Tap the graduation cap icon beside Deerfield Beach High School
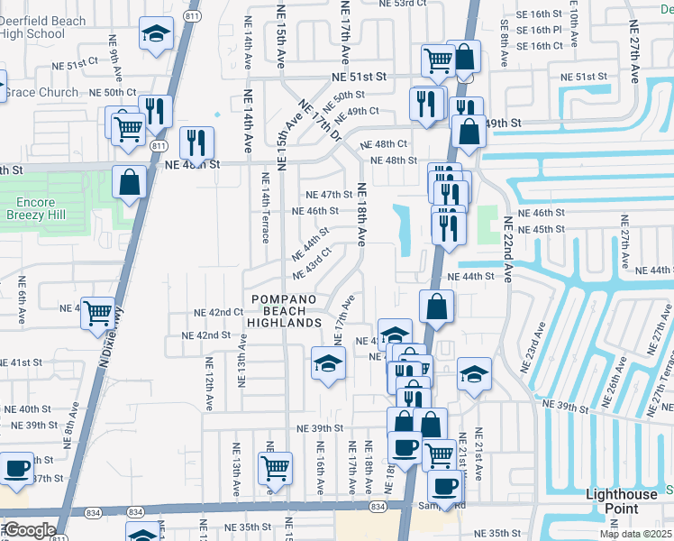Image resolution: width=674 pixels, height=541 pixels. tap(157, 35)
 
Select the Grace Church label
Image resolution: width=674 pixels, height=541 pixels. tap(41, 92)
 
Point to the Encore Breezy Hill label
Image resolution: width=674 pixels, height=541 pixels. tap(36, 209)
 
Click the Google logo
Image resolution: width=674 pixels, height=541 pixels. tap(29, 530)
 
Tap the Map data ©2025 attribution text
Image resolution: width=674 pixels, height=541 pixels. tap(635, 534)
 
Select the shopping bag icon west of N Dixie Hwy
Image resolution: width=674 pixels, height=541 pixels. tap(130, 182)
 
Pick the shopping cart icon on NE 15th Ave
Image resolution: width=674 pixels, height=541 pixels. tap(275, 468)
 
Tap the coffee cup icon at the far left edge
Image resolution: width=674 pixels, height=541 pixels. tap(16, 469)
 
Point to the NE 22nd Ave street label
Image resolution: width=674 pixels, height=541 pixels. tap(508, 250)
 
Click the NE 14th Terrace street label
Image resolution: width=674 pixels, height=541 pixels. tap(266, 208)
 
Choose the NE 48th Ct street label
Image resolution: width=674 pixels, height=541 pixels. tap(384, 144)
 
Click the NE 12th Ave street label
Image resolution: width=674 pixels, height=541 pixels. tap(208, 384)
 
